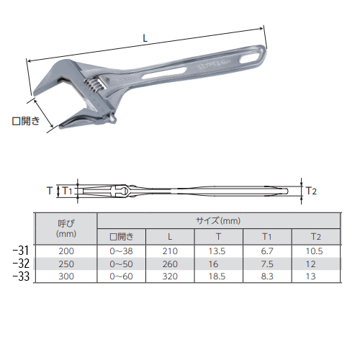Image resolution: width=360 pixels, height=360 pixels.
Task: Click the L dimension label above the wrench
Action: click(145, 38)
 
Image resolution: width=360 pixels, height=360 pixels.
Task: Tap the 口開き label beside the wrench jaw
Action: click(26, 121)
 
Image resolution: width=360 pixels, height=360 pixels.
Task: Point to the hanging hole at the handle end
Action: click(250, 58)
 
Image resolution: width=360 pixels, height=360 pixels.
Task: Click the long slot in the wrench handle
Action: click(164, 73)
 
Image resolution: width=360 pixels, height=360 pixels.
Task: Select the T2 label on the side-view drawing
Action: click(311, 191)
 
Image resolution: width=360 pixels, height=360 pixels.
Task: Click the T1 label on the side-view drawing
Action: click(67, 191)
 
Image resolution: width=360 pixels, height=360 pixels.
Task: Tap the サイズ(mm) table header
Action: click(218, 221)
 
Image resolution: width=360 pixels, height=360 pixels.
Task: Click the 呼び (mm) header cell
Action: click(66, 228)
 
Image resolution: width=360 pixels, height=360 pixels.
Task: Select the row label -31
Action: click(21, 251)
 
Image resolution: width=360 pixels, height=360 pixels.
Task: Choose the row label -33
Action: click(21, 276)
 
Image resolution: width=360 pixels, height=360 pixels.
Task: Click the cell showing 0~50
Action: click(121, 264)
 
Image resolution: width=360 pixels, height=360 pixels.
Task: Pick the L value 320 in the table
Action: click(170, 276)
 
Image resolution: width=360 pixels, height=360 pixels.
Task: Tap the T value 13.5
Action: click(217, 251)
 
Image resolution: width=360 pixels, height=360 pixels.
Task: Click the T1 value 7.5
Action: click(267, 264)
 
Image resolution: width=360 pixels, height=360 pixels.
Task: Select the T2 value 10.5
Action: click(314, 251)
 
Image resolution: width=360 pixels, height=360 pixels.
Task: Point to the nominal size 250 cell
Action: click(66, 264)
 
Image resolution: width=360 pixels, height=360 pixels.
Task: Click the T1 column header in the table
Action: click(267, 237)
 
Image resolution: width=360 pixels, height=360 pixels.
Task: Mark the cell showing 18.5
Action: click(217, 276)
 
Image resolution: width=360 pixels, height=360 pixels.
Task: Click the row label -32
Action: click(21, 264)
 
